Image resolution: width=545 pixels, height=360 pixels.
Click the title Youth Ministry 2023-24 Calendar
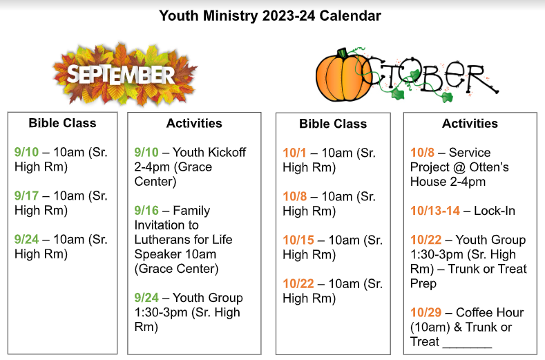click(270, 16)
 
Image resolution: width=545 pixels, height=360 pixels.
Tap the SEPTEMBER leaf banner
click(125, 75)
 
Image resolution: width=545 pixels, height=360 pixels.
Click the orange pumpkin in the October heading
click(343, 77)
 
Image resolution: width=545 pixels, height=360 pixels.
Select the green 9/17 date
click(26, 196)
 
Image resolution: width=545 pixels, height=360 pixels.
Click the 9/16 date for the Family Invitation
click(146, 211)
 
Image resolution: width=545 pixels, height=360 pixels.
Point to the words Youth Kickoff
click(209, 152)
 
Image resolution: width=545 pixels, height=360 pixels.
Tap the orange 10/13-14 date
click(435, 211)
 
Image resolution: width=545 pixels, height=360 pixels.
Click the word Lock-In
click(495, 211)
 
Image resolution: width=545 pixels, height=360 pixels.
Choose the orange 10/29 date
click(426, 312)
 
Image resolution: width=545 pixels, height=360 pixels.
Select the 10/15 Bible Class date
click(298, 240)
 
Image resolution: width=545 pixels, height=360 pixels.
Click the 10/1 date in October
click(294, 153)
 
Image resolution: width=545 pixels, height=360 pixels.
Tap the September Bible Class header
click(63, 123)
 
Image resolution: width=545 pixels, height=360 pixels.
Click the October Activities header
click(470, 124)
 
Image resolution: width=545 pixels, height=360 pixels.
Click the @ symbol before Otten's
click(459, 167)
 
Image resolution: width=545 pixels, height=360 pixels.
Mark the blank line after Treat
click(467, 346)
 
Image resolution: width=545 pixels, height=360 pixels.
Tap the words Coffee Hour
click(490, 312)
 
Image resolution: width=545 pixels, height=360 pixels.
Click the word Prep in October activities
click(423, 283)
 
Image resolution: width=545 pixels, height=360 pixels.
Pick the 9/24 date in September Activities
click(146, 298)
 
